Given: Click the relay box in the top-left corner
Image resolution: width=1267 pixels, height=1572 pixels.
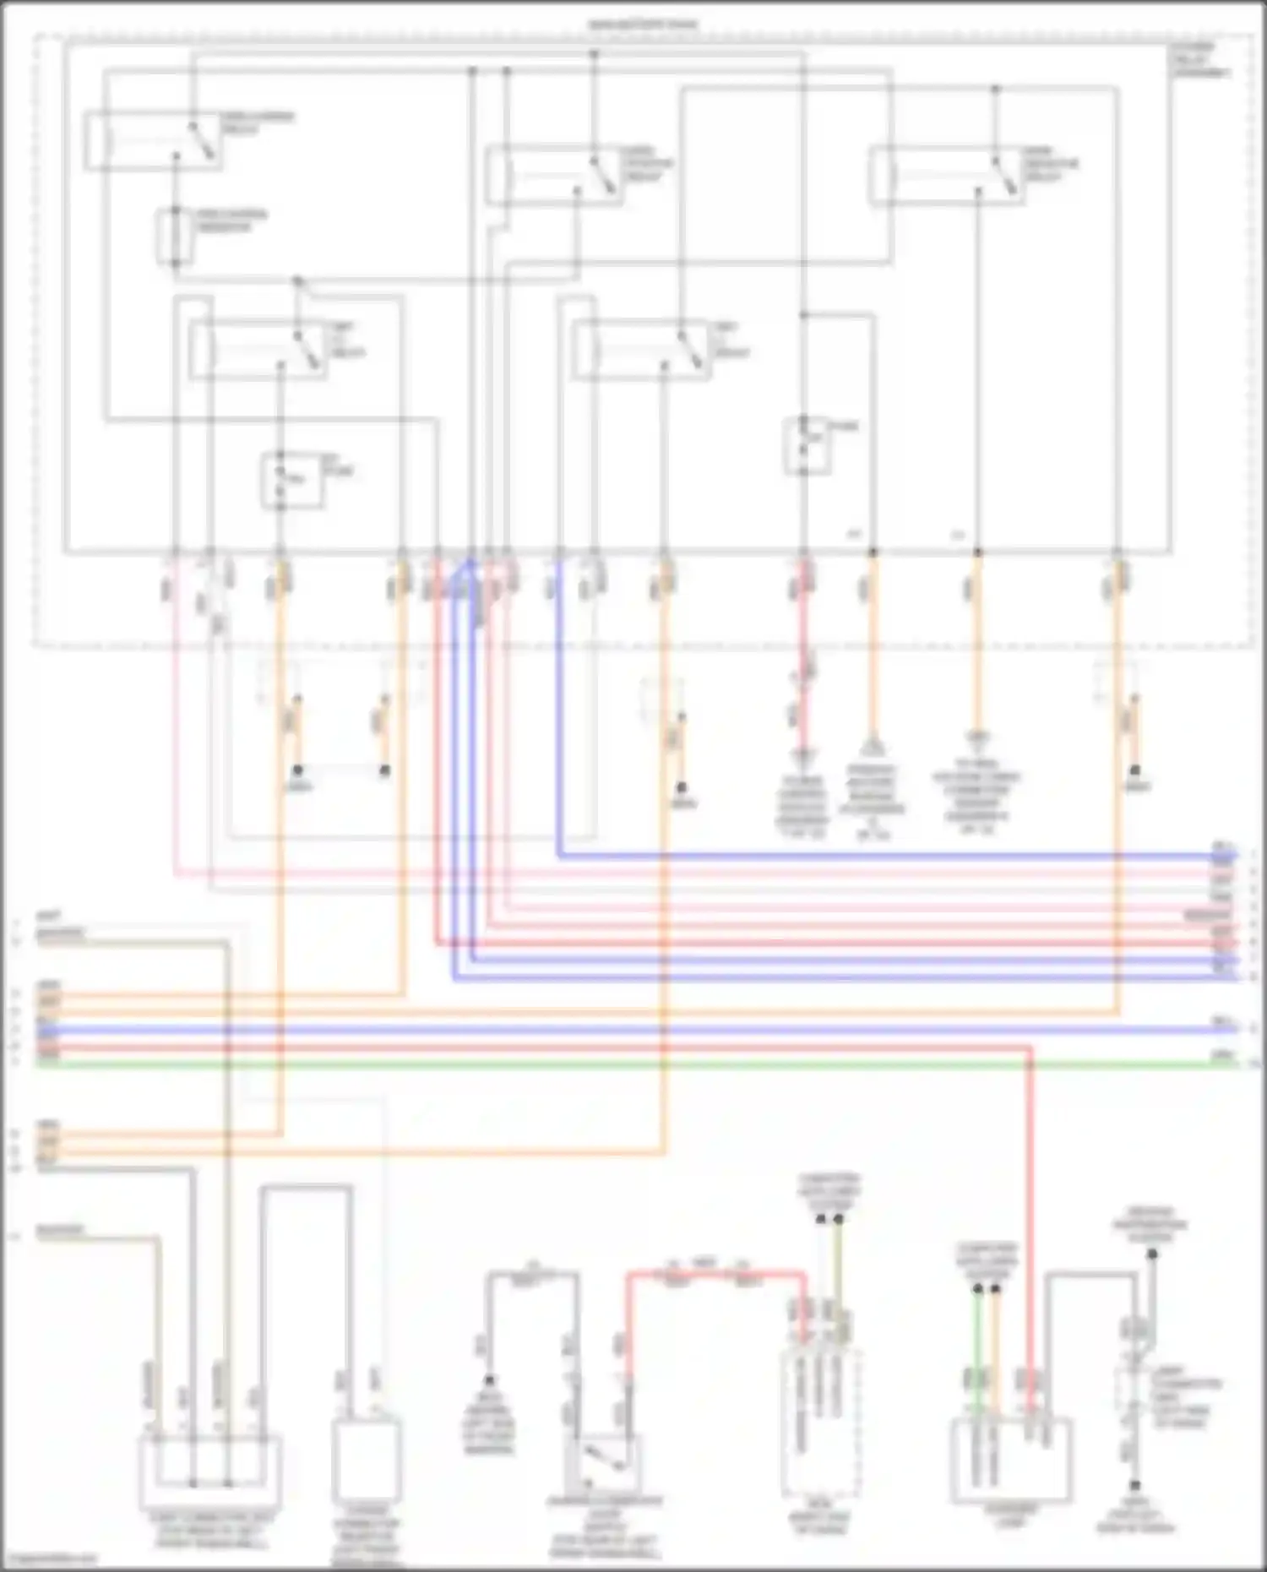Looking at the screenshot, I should [x=152, y=140].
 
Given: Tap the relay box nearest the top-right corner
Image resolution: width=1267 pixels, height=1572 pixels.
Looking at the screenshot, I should [x=946, y=175].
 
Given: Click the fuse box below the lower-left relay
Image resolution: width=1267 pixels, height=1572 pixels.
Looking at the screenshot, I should [x=291, y=481].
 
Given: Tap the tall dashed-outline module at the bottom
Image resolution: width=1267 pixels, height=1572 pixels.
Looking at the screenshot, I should [x=819, y=1423].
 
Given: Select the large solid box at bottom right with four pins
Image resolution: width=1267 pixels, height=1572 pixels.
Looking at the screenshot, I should [x=1011, y=1461].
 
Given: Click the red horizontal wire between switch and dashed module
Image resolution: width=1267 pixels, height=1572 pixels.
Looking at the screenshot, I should [x=714, y=1272].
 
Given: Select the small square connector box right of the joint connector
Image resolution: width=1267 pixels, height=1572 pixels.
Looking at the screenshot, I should [x=365, y=1461].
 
